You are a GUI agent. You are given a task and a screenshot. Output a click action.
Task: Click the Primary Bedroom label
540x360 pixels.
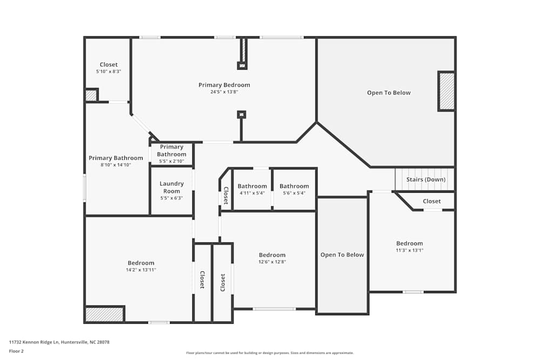click(224, 85)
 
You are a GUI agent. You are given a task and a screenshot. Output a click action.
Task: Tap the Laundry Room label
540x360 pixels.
click(172, 187)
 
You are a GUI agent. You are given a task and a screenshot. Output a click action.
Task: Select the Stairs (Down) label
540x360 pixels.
click(426, 179)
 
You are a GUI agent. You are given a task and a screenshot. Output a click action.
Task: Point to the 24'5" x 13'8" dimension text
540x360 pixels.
click(224, 92)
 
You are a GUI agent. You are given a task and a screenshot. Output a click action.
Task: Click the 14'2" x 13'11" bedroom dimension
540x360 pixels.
click(141, 270)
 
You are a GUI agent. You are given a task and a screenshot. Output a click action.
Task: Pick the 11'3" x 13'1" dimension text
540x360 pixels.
click(409, 250)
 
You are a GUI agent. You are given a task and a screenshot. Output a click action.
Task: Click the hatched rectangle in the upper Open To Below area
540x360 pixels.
click(447, 91)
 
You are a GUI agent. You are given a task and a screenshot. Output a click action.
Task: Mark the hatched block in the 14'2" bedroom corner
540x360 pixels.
click(104, 314)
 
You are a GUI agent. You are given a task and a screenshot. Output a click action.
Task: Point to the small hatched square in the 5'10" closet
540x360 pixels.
click(91, 95)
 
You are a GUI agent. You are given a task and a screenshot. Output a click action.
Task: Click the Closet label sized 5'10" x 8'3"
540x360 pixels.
click(109, 65)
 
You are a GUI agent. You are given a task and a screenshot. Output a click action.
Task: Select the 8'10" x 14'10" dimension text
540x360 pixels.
click(116, 165)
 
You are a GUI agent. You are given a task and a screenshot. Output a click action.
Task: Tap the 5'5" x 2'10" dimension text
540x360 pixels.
click(172, 161)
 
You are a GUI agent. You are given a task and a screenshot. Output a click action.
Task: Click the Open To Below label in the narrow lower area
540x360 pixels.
click(342, 255)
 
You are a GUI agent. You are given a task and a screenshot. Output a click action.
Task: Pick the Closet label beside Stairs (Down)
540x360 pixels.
click(431, 201)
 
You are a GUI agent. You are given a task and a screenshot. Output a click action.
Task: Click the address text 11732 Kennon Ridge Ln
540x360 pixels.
click(34, 342)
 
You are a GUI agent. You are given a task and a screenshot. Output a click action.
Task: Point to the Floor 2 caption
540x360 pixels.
click(16, 351)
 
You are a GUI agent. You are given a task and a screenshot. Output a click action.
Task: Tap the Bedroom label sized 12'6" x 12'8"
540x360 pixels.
click(272, 255)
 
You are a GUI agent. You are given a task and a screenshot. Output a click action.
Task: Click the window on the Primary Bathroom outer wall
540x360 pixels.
click(85, 188)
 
